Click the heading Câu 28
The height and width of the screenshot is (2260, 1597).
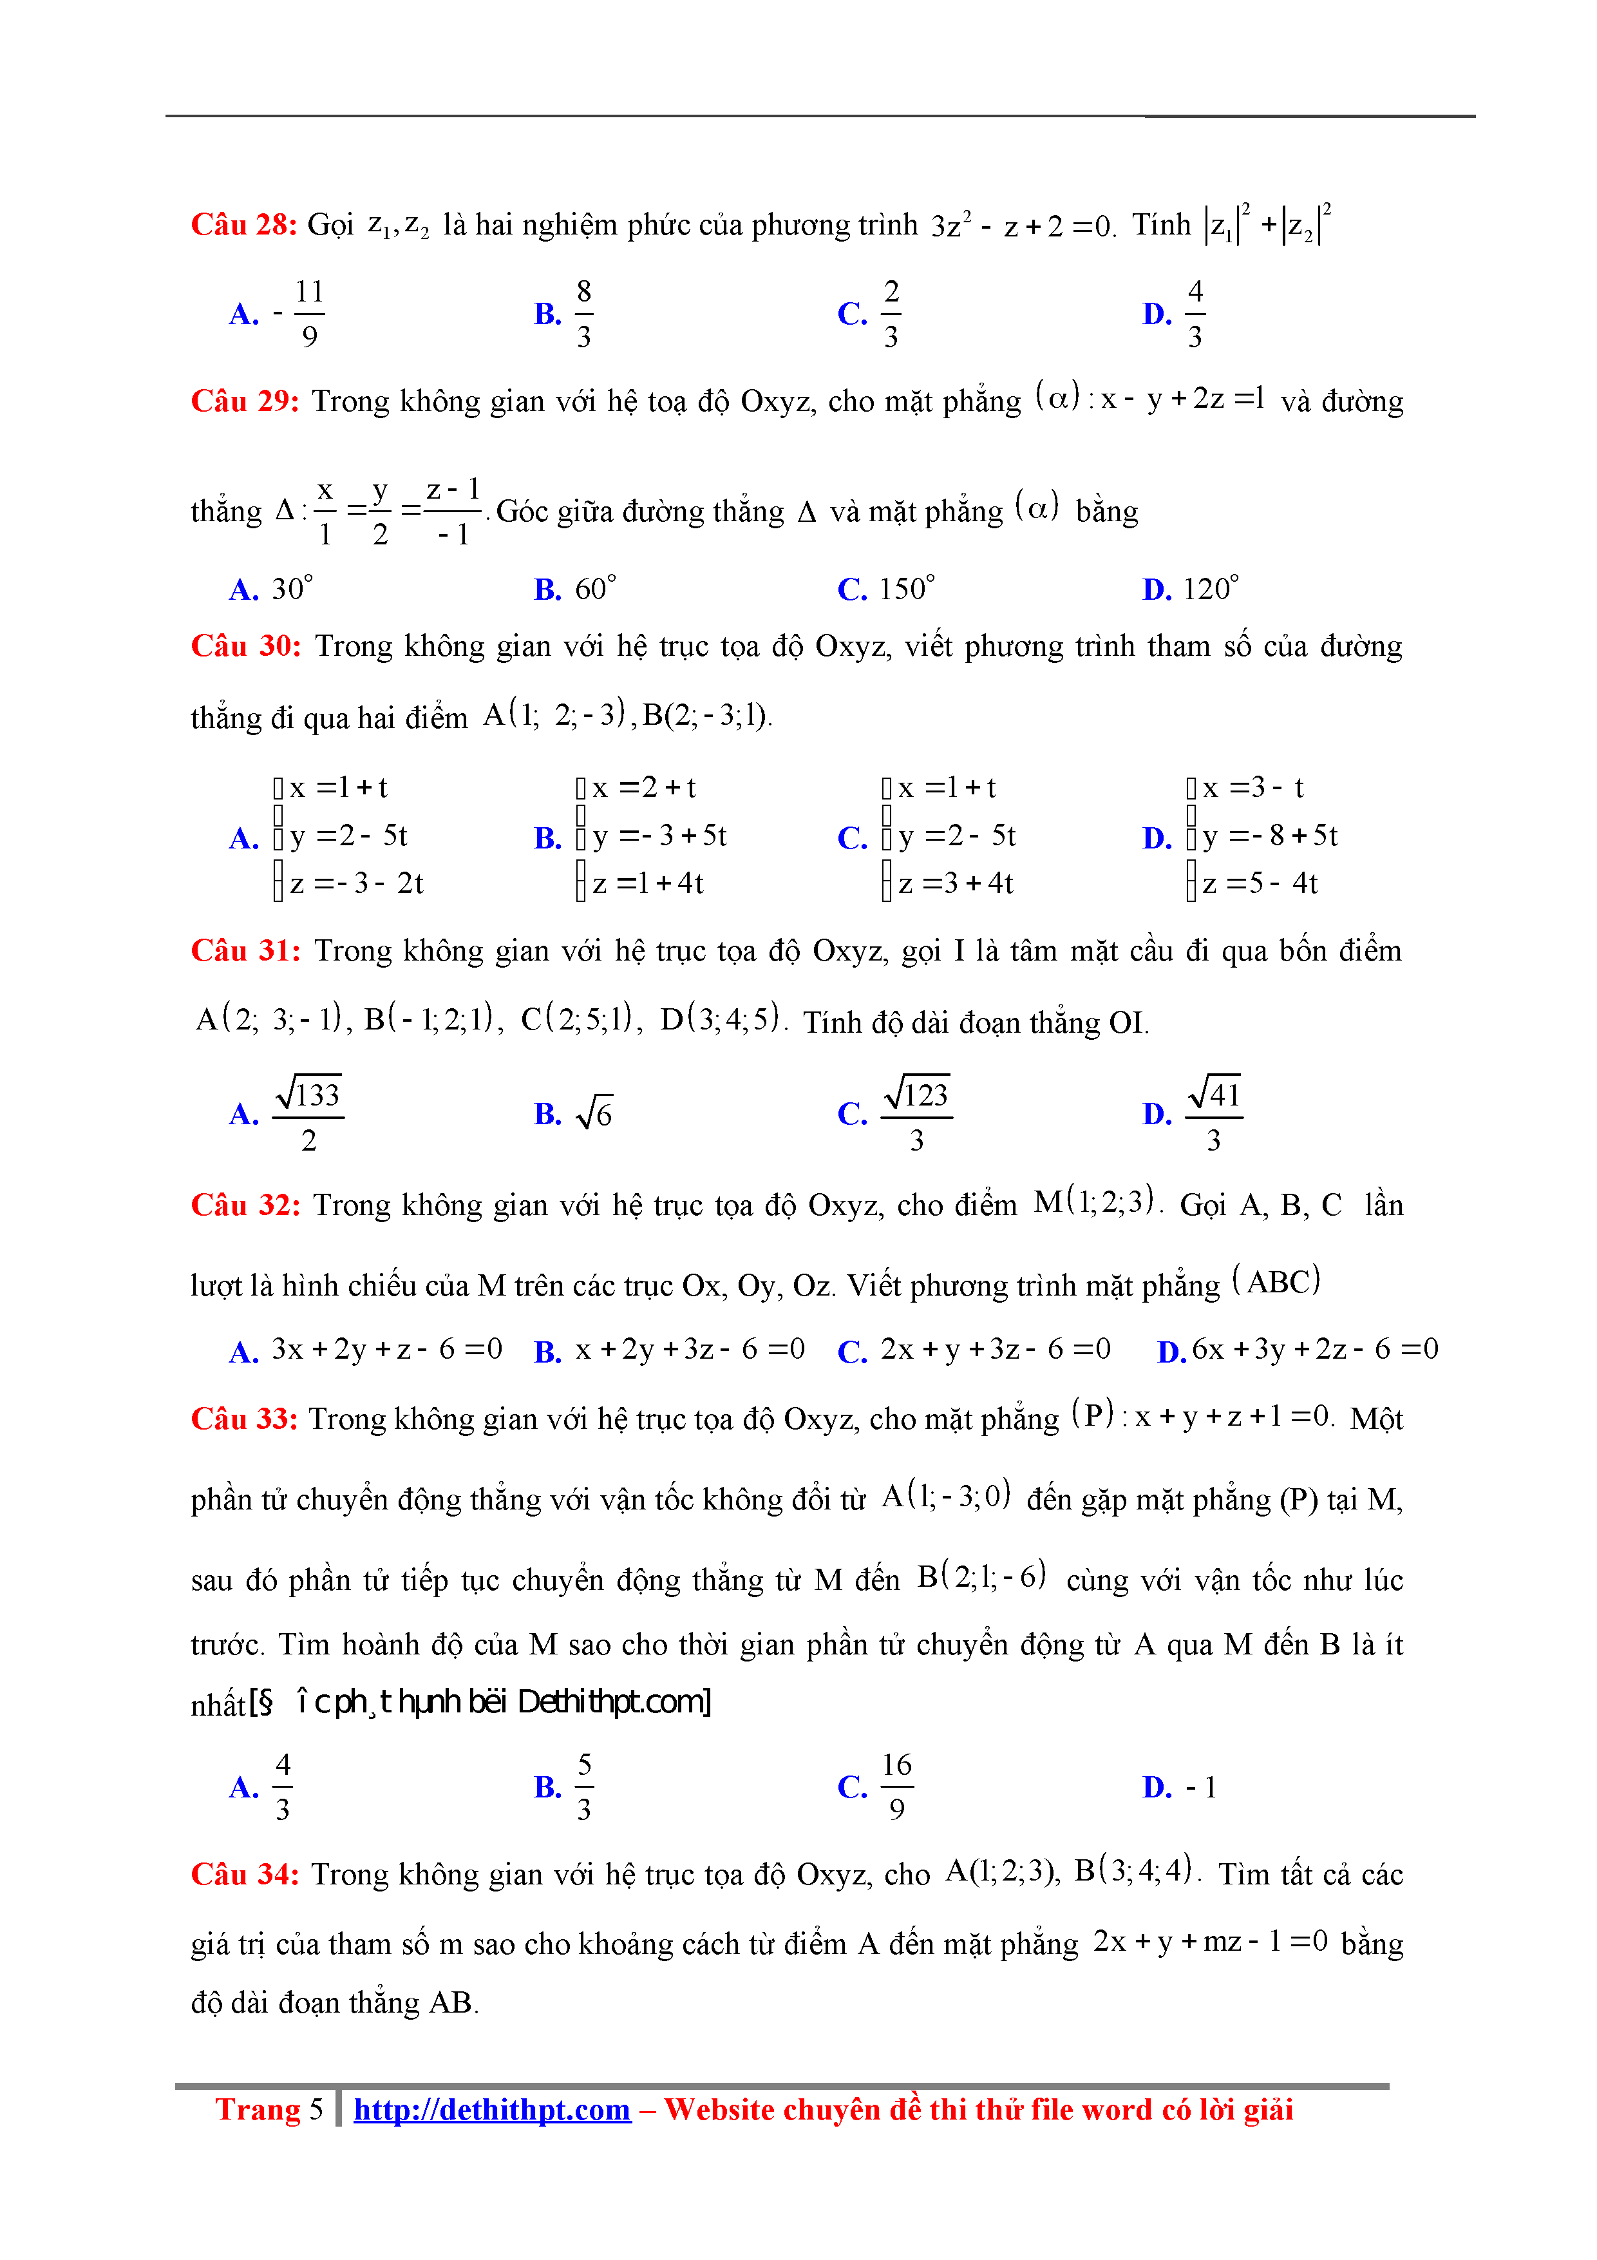click(x=243, y=224)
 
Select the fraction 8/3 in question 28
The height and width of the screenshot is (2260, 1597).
click(x=583, y=313)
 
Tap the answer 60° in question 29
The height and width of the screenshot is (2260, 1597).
click(x=594, y=589)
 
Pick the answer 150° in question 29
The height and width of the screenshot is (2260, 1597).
click(x=905, y=589)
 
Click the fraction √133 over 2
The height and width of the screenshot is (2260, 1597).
click(x=308, y=1115)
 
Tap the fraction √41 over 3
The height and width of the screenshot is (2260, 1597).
click(x=1214, y=1115)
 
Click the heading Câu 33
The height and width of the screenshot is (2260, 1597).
click(x=244, y=1419)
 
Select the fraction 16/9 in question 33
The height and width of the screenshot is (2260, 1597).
click(x=896, y=1786)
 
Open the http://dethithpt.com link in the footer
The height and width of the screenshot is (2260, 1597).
click(x=492, y=2109)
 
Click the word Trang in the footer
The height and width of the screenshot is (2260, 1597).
click(x=258, y=2109)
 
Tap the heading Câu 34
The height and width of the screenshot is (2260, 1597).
click(x=244, y=1874)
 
